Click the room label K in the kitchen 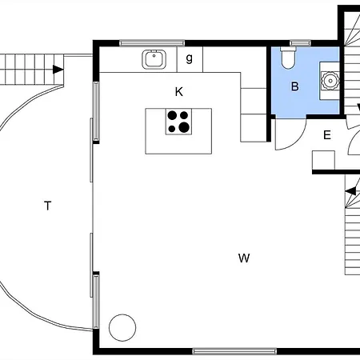[x=179, y=92]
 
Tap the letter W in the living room [x=244, y=258]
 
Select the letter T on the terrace [x=47, y=206]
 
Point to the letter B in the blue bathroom [x=294, y=86]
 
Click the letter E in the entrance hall [x=327, y=135]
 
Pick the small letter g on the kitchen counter [x=189, y=58]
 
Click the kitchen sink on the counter [x=154, y=59]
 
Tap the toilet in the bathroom [x=288, y=58]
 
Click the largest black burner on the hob [x=184, y=127]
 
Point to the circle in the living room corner [x=122, y=327]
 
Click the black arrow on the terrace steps [x=58, y=70]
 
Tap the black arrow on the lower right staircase [x=350, y=191]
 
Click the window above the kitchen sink [x=152, y=43]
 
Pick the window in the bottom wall [x=234, y=351]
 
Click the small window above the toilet [x=300, y=43]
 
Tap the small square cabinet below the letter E [x=323, y=160]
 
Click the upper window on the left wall [x=96, y=110]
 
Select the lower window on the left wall [x=96, y=302]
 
